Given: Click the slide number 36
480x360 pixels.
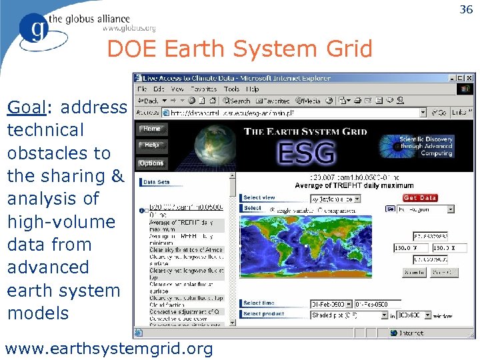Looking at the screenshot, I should [x=466, y=9].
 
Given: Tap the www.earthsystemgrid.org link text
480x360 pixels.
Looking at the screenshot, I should [x=109, y=348].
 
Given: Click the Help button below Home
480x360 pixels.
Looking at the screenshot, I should [x=151, y=145].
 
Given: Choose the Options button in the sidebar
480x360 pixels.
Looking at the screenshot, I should [x=151, y=163].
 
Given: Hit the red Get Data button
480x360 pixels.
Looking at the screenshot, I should [x=420, y=197].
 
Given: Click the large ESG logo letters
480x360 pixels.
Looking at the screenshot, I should [x=307, y=153].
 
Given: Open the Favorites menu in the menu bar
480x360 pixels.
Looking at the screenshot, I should [x=203, y=89].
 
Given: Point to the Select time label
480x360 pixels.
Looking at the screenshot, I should [x=259, y=303].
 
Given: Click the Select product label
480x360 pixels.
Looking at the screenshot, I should [x=263, y=313].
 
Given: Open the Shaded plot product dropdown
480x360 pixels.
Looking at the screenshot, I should [x=349, y=315].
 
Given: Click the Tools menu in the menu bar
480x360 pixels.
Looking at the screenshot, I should [x=231, y=89].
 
